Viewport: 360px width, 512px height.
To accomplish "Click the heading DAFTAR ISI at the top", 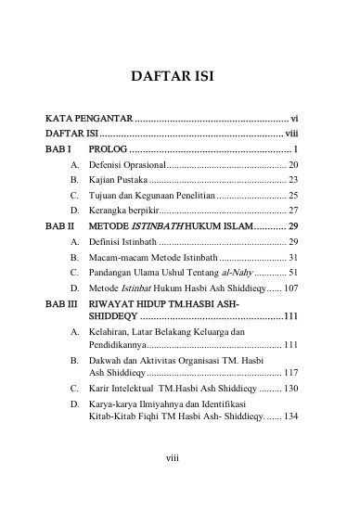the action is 179,73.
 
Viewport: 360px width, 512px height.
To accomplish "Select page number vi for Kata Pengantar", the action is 294,120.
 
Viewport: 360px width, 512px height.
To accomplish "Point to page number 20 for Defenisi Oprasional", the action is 292,163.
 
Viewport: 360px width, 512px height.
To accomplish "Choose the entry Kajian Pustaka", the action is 118,179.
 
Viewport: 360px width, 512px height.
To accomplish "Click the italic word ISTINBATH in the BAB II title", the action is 160,226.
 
